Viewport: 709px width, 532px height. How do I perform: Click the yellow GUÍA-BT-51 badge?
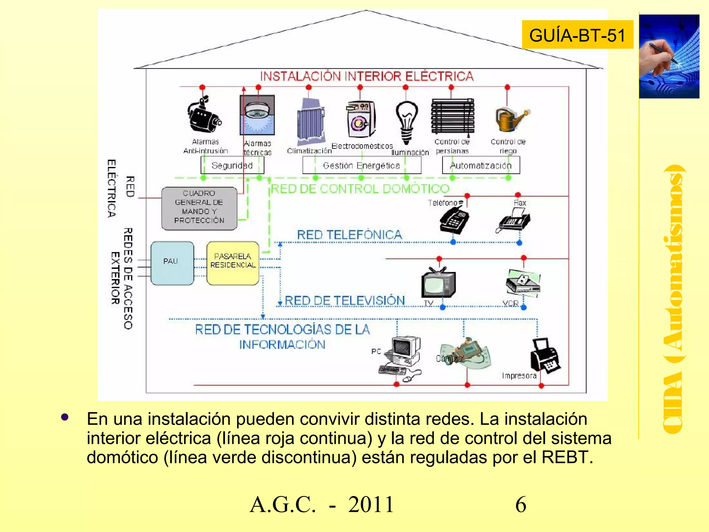point(577,35)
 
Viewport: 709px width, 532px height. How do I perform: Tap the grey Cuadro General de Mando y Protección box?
point(199,209)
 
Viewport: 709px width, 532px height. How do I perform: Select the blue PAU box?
point(172,263)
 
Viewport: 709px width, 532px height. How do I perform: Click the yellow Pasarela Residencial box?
point(233,263)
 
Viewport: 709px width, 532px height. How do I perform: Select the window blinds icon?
point(452,117)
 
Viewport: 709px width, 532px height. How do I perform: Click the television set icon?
point(438,283)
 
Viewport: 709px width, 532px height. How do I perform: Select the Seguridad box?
point(232,165)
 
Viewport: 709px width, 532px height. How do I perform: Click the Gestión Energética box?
point(361,165)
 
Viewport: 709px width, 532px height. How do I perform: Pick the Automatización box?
point(481,165)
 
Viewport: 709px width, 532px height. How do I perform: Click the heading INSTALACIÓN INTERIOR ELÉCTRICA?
point(367,76)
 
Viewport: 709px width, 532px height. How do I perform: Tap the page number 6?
point(521,504)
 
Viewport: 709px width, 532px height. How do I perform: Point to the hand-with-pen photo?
point(669,56)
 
